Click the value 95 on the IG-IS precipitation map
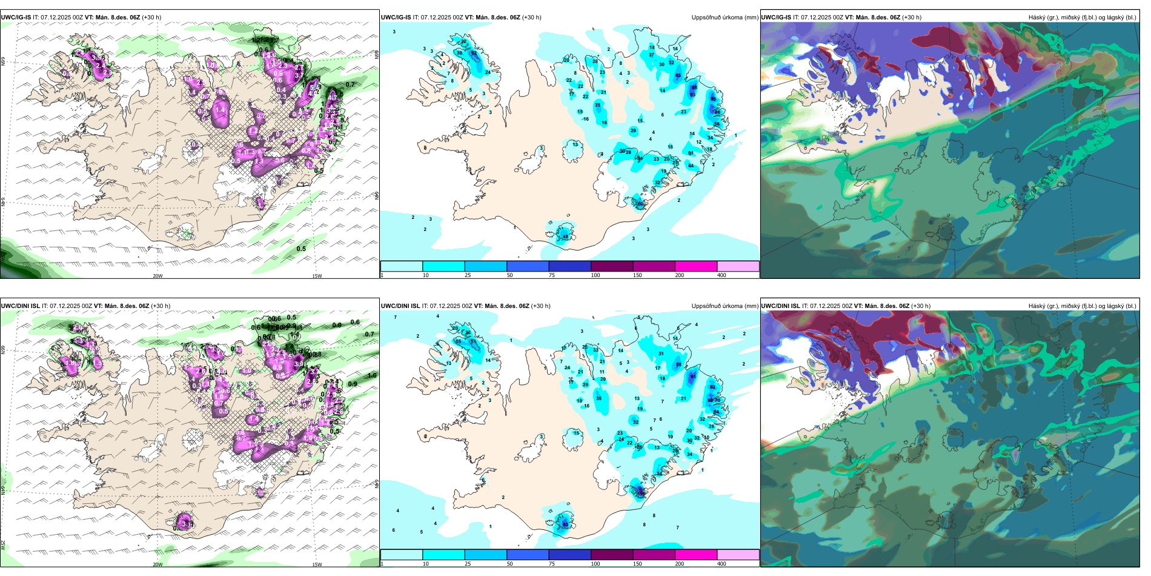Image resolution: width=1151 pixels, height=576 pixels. [x=713, y=99]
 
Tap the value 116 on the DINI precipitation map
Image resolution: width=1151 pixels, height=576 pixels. [x=641, y=494]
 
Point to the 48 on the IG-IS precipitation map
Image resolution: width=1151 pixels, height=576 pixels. [x=565, y=236]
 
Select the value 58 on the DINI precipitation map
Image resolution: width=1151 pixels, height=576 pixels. [x=678, y=365]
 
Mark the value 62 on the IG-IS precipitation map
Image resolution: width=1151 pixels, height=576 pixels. [x=474, y=53]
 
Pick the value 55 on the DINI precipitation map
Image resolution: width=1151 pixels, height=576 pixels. [x=458, y=342]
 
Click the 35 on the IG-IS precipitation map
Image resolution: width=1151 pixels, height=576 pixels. [x=598, y=105]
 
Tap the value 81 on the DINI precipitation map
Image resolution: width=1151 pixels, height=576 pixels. [x=693, y=377]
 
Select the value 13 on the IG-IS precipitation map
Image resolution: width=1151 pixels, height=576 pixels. [x=575, y=144]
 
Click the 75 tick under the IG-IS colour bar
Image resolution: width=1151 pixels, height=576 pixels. [x=552, y=275]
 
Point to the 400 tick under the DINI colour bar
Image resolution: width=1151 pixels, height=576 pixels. [x=721, y=564]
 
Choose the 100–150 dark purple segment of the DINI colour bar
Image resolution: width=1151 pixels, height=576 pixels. [x=612, y=555]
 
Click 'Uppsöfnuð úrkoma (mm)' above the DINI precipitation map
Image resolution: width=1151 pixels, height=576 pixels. [x=725, y=306]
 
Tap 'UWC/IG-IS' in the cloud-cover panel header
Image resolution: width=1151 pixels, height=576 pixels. [x=776, y=18]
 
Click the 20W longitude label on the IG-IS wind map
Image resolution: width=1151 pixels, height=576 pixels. [x=158, y=276]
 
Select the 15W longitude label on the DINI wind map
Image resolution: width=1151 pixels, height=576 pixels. [x=316, y=564]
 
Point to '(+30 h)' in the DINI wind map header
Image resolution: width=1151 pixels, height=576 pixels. [x=161, y=306]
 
